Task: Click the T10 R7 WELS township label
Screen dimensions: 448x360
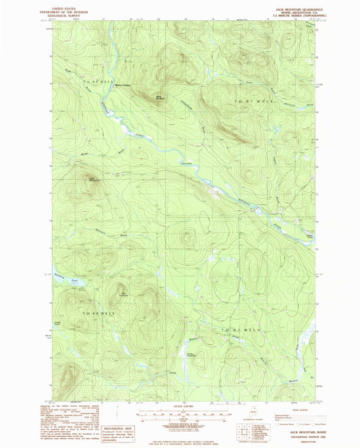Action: (231, 329)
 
